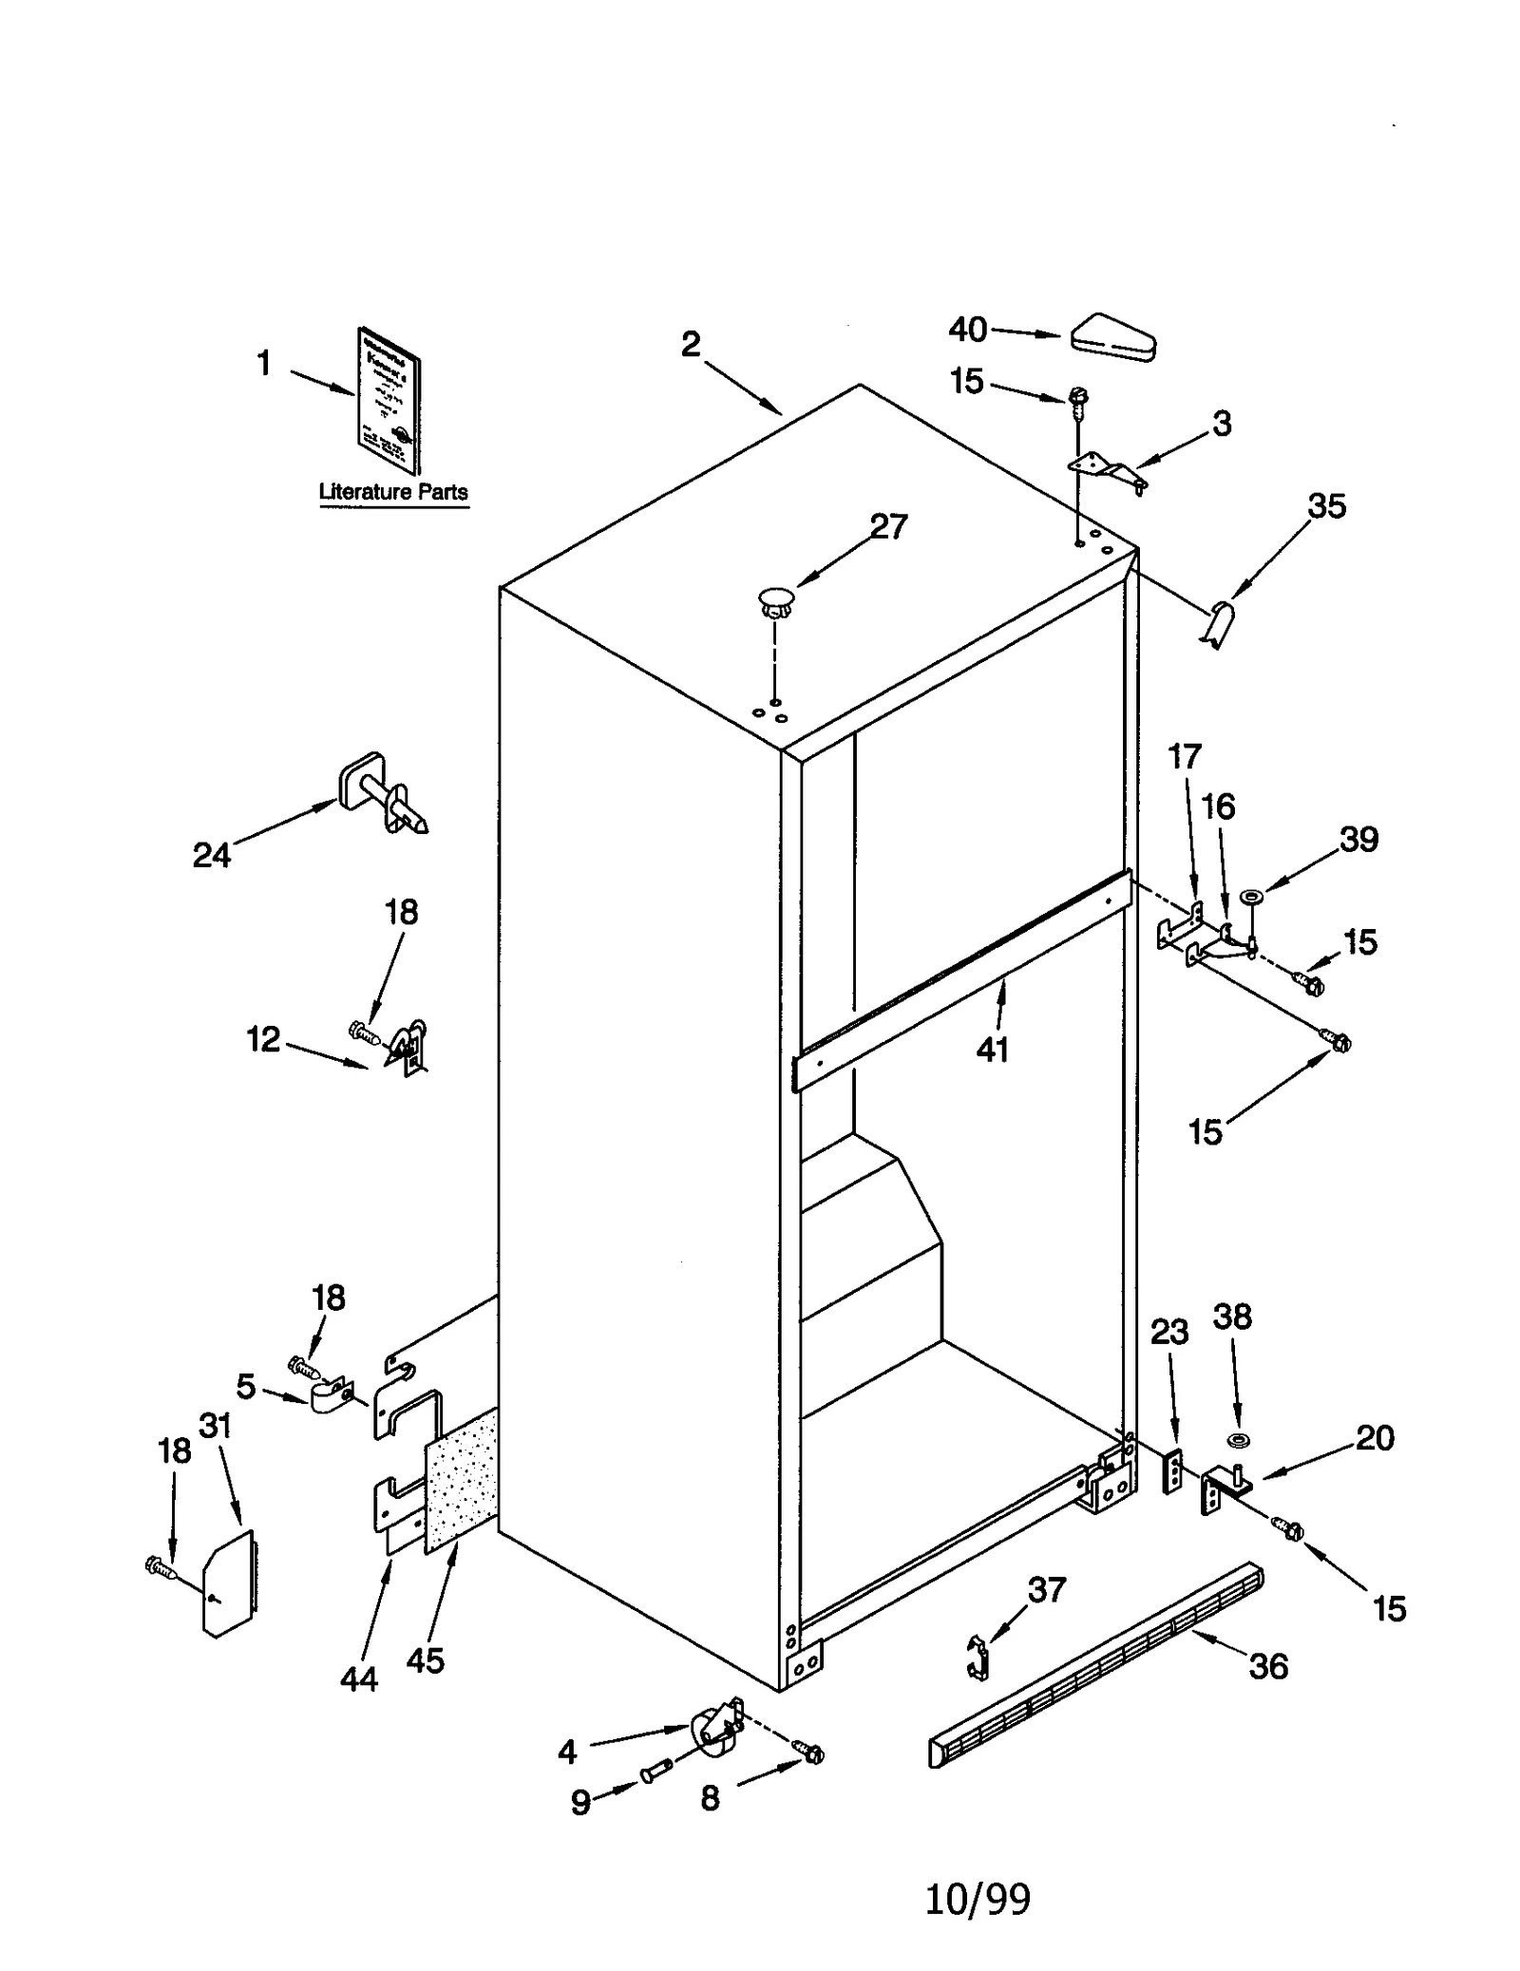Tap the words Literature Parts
coord(392,492)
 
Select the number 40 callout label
coord(967,330)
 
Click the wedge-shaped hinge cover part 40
coord(1112,337)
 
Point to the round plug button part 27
coord(776,601)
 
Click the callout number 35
coord(1326,506)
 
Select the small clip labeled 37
coord(978,1657)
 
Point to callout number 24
coord(211,855)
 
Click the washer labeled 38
coord(1238,1442)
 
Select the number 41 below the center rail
coord(992,1050)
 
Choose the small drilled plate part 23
coord(1175,1472)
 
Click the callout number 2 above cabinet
coord(691,344)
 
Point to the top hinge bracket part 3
coord(1108,470)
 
